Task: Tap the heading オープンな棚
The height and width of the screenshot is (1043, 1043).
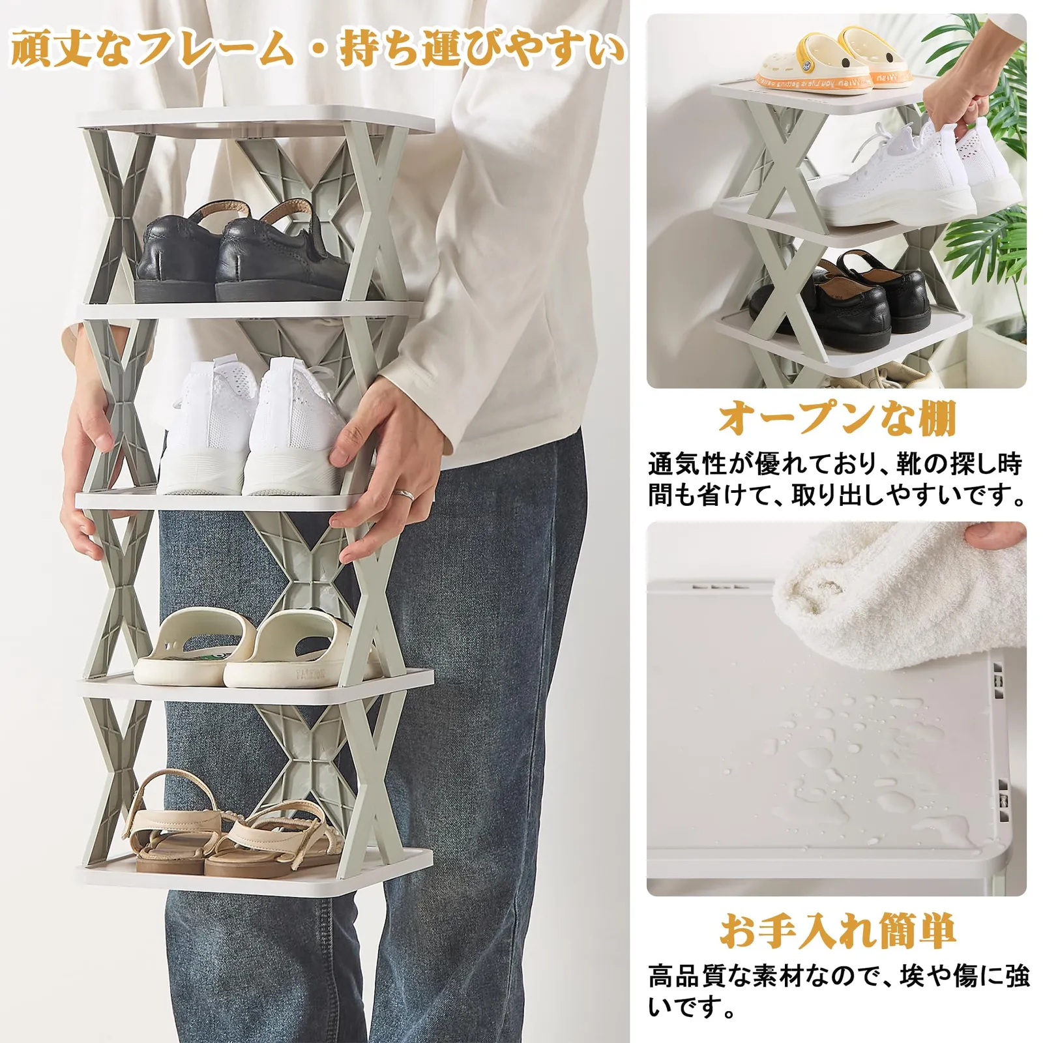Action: tap(836, 418)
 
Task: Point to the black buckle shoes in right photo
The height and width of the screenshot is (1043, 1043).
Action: tap(841, 300)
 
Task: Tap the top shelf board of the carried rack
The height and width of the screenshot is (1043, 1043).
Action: tap(256, 120)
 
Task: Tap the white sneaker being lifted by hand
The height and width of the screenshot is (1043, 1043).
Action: tap(919, 169)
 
